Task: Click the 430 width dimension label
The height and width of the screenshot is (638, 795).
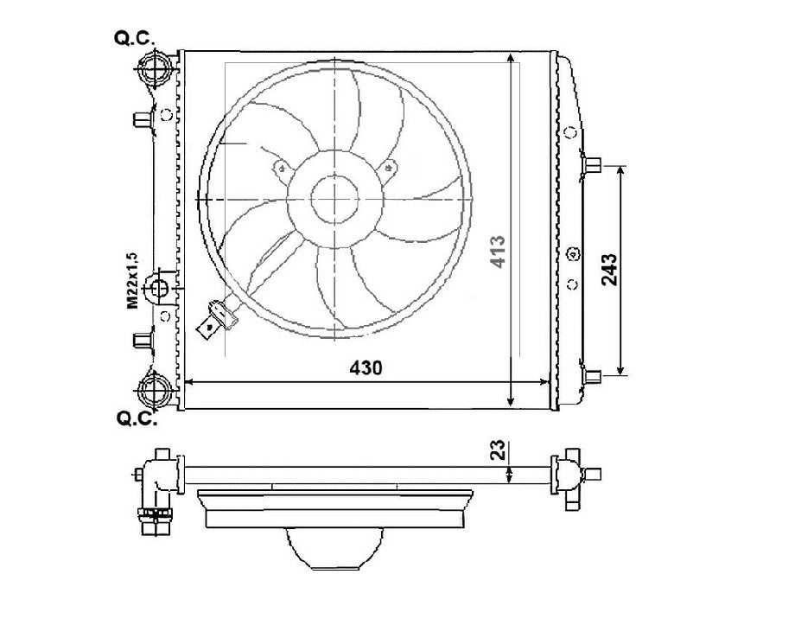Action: point(366,367)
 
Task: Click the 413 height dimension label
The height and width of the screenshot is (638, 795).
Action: point(498,252)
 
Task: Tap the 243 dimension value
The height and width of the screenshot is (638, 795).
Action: point(609,270)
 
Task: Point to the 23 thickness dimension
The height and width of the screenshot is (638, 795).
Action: point(499,450)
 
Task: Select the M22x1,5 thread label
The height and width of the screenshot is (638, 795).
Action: point(132,280)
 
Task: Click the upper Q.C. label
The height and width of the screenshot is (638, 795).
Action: point(134,38)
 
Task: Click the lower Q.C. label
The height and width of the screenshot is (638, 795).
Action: point(137,418)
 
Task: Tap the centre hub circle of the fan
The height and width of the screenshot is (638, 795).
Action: point(334,200)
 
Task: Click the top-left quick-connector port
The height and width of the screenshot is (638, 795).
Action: point(154,68)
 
